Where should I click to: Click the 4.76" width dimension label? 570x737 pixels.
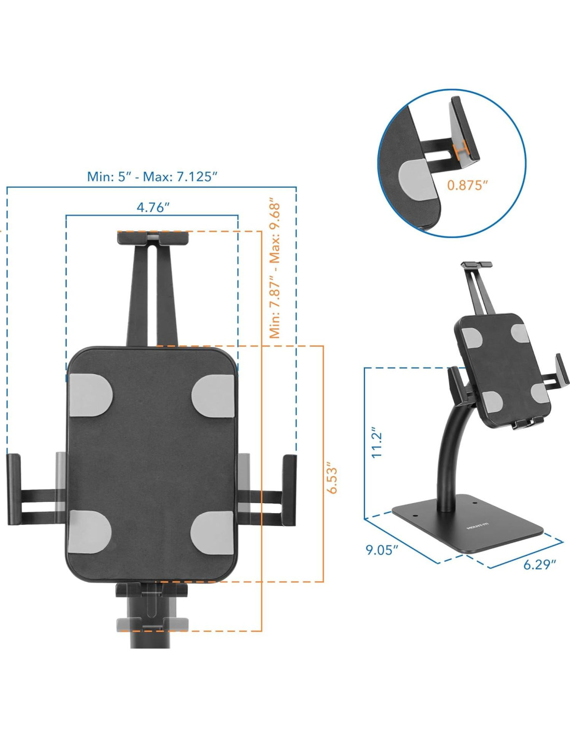[x=152, y=207]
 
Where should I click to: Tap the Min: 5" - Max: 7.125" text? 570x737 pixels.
[x=152, y=176]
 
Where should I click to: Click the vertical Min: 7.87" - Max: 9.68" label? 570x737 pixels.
[x=275, y=271]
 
